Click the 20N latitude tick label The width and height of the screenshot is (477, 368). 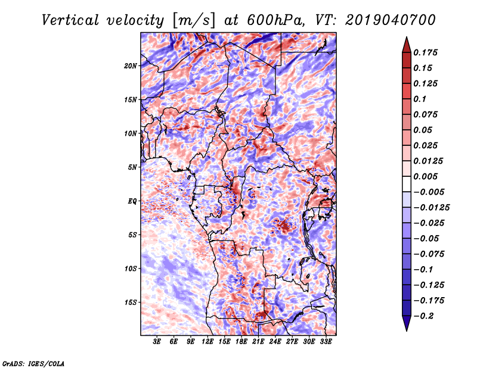pyautogui.click(x=131, y=66)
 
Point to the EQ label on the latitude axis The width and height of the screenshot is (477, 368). pyautogui.click(x=132, y=201)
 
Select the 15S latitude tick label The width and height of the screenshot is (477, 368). pyautogui.click(x=131, y=302)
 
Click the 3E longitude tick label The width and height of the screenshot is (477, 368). pyautogui.click(x=157, y=342)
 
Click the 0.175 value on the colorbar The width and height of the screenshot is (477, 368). pyautogui.click(x=426, y=52)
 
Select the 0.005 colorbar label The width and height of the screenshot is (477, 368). pyautogui.click(x=426, y=176)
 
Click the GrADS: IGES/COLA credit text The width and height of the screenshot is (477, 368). pyautogui.click(x=33, y=363)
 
